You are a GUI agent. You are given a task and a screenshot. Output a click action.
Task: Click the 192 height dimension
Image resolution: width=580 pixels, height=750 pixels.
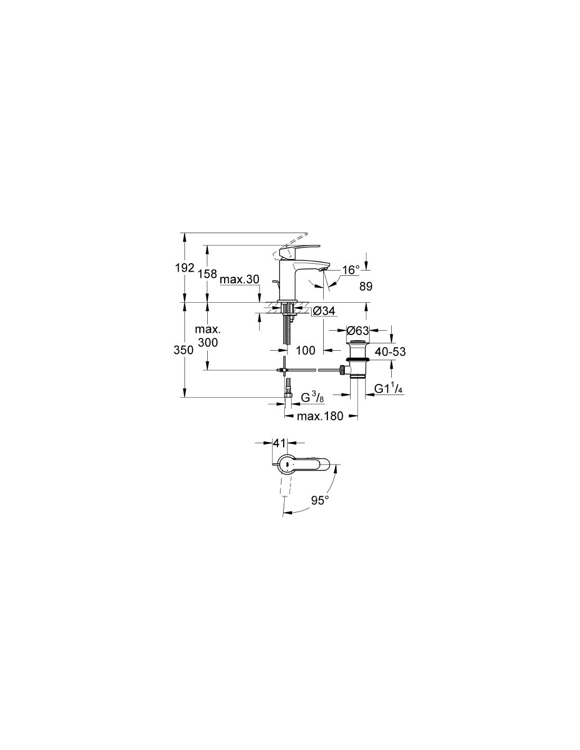pyautogui.click(x=186, y=268)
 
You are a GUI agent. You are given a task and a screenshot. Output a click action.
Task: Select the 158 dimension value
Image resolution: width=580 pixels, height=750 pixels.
pyautogui.click(x=208, y=274)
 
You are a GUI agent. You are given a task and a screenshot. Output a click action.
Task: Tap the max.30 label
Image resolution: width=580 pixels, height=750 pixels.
pyautogui.click(x=239, y=279)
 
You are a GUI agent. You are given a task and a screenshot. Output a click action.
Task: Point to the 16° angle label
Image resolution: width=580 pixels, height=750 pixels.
pyautogui.click(x=351, y=270)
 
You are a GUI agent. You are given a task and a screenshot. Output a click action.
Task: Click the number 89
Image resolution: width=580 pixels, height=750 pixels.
pyautogui.click(x=366, y=286)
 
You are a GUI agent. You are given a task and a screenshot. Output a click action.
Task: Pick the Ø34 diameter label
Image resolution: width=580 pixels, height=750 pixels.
pyautogui.click(x=324, y=311)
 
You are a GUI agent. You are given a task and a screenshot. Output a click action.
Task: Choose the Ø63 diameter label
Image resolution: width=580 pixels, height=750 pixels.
pyautogui.click(x=358, y=331)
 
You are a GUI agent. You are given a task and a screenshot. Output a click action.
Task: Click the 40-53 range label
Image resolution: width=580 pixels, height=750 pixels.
pyautogui.click(x=390, y=352)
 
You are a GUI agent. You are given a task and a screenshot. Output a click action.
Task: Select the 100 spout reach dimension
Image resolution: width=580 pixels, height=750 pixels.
pyautogui.click(x=306, y=350)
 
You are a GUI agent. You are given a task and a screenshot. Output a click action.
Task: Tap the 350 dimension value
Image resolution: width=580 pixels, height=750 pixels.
pyautogui.click(x=184, y=350)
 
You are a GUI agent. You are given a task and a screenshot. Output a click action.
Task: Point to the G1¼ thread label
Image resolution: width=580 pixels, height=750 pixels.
pyautogui.click(x=389, y=389)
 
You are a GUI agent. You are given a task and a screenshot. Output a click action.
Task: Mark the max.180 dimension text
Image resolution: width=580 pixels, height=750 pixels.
pyautogui.click(x=320, y=416)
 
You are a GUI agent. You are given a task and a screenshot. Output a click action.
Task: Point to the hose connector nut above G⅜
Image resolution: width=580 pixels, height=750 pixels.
pyautogui.click(x=288, y=396)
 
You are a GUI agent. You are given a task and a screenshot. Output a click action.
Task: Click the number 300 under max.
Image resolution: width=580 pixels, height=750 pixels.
pyautogui.click(x=208, y=342)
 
